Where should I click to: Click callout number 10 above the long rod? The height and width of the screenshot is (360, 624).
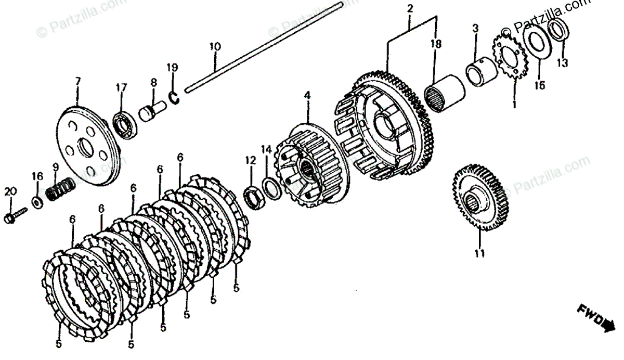(x=215, y=46)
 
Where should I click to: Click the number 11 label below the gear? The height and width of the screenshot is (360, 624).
(x=479, y=254)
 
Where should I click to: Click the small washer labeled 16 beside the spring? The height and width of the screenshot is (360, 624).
(x=37, y=201)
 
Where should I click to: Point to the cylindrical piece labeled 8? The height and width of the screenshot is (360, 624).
(x=152, y=111)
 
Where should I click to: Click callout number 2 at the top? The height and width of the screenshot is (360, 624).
(x=410, y=9)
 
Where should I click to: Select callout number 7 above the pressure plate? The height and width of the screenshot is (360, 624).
(x=77, y=81)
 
